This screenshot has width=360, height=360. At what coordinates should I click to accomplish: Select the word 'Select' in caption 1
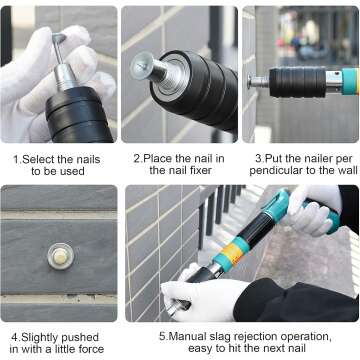[x=37, y=158]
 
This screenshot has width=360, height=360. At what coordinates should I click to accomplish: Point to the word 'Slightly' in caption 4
[x=41, y=338]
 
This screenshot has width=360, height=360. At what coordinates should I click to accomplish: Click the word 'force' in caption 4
[x=98, y=350]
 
